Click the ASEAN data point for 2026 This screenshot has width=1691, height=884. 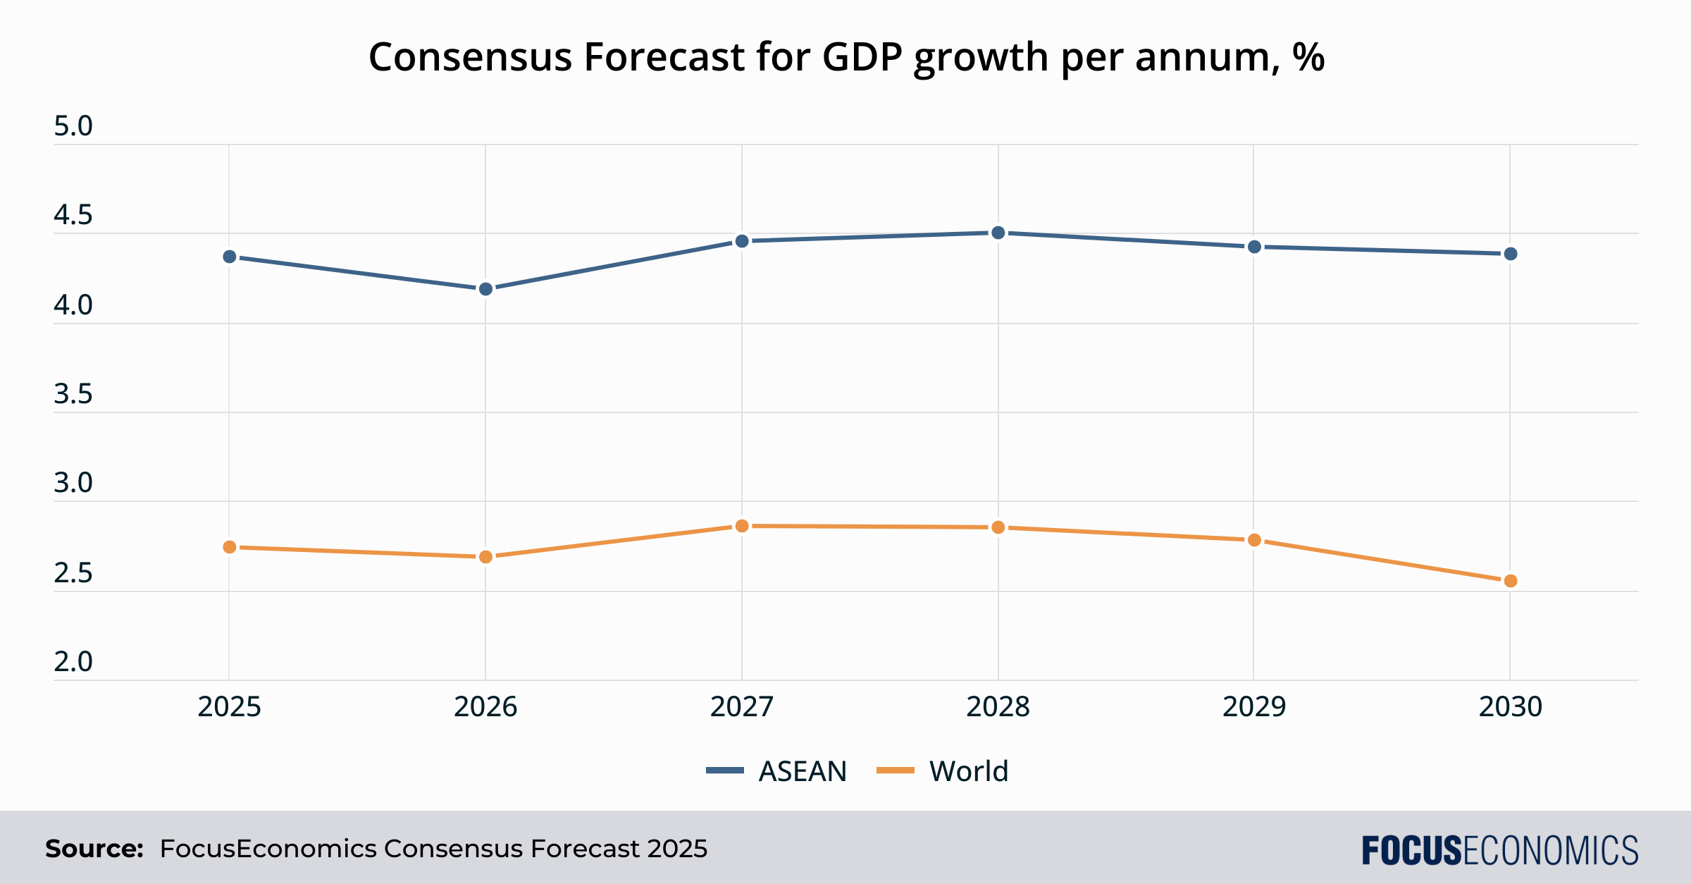click(485, 289)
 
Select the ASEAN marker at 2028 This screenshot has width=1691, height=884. click(998, 233)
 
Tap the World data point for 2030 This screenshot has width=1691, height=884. click(1510, 581)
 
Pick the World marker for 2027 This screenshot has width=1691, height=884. click(742, 526)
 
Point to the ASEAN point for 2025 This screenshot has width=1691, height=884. click(230, 257)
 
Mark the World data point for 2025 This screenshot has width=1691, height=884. click(230, 547)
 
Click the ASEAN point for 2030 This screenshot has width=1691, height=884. click(1510, 254)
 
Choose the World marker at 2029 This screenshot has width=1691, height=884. click(1254, 540)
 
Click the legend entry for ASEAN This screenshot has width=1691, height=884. click(776, 771)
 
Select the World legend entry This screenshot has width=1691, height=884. click(943, 771)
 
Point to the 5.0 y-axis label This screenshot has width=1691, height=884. click(73, 127)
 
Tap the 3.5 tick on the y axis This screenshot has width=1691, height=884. click(73, 394)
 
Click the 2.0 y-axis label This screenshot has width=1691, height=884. click(73, 662)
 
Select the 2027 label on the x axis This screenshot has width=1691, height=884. click(742, 707)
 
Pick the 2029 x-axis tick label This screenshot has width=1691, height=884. click(1254, 707)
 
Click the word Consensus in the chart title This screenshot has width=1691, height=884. click(470, 57)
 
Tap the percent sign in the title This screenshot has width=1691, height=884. click(1308, 57)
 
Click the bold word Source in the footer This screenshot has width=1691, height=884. click(94, 849)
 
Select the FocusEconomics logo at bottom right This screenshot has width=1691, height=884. click(1499, 850)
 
